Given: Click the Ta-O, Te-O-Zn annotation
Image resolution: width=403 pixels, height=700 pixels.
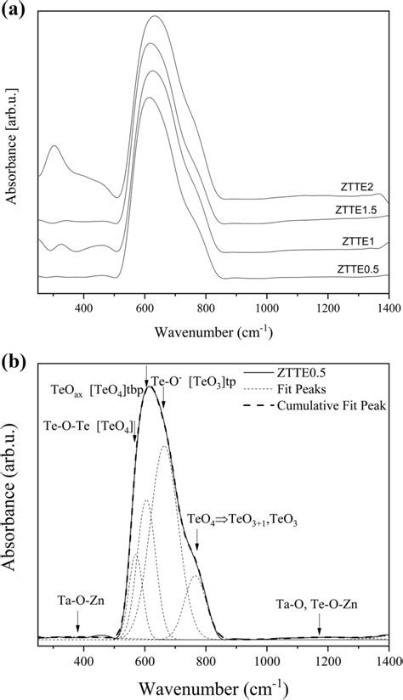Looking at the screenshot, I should pos(317,606).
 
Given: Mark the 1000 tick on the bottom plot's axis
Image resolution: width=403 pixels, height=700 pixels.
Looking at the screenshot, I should pos(267,659).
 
